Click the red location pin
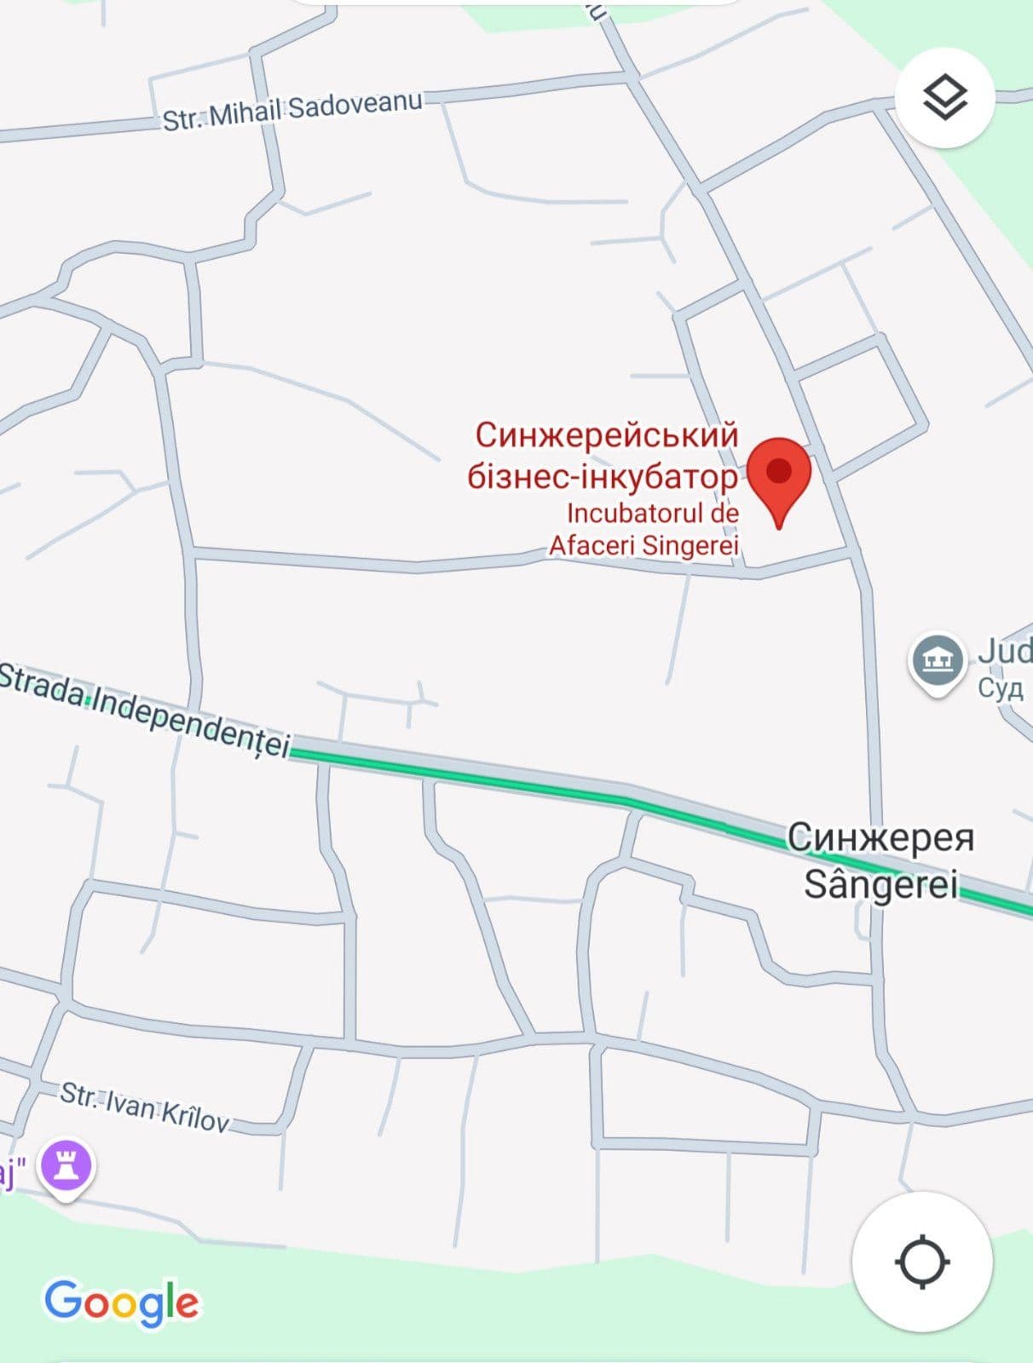tap(779, 474)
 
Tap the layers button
tap(944, 98)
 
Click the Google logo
tap(122, 1303)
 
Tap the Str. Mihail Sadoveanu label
tap(292, 111)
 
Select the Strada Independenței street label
tap(145, 708)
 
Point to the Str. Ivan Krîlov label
tap(144, 1107)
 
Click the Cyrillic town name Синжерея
tap(880, 837)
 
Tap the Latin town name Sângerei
tap(881, 883)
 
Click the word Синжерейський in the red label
tap(606, 435)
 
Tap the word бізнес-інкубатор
tap(602, 476)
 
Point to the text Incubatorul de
tap(652, 514)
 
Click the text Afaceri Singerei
tap(643, 545)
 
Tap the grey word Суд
tap(1000, 688)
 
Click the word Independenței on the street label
tap(191, 721)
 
